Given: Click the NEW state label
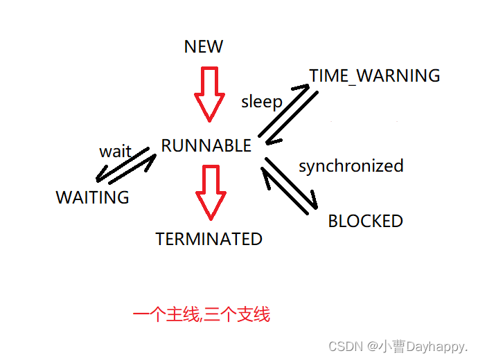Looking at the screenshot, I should pyautogui.click(x=204, y=46).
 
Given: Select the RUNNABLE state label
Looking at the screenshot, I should pyautogui.click(x=206, y=145).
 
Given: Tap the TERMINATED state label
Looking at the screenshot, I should pyautogui.click(x=209, y=239).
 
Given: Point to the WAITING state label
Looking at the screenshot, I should pyautogui.click(x=92, y=197).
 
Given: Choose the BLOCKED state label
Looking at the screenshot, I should pyautogui.click(x=365, y=221).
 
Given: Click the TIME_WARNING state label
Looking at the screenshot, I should pyautogui.click(x=374, y=75).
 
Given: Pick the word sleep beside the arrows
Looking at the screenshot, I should pyautogui.click(x=261, y=102).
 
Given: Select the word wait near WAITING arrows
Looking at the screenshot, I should pyautogui.click(x=115, y=151).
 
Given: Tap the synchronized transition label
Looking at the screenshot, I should pyautogui.click(x=351, y=166).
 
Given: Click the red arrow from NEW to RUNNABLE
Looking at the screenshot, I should pyautogui.click(x=209, y=93).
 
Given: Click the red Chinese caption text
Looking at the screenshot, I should pyautogui.click(x=201, y=315).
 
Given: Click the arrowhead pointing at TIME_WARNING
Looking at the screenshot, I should pyautogui.click(x=302, y=87).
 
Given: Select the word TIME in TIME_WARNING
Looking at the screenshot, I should pyautogui.click(x=328, y=75).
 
